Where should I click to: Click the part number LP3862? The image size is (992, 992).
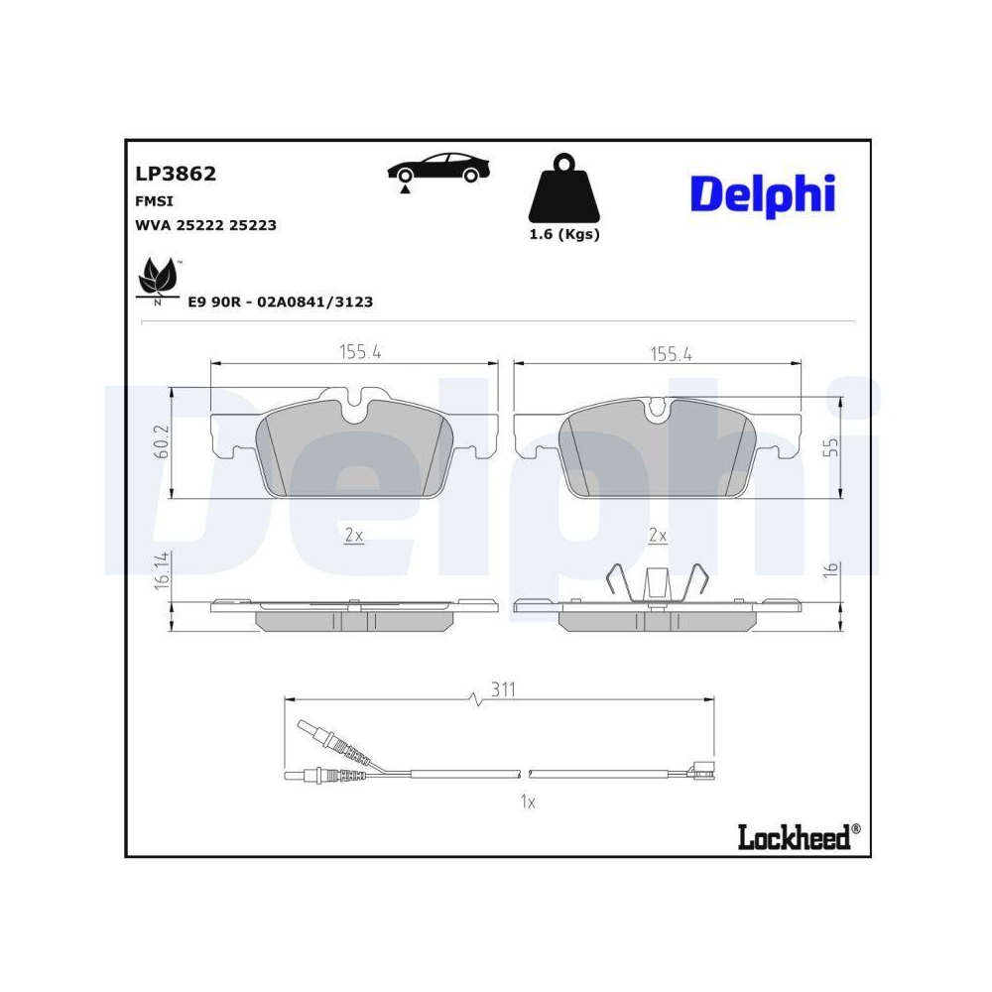pyautogui.click(x=176, y=175)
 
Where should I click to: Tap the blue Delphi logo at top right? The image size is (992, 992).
pyautogui.click(x=762, y=194)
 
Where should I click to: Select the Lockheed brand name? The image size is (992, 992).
pyautogui.click(x=794, y=837)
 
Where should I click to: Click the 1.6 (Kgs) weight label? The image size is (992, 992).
pyautogui.click(x=563, y=235)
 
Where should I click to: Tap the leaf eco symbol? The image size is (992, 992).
pyautogui.click(x=157, y=277)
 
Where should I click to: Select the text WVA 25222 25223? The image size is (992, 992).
pyautogui.click(x=205, y=225)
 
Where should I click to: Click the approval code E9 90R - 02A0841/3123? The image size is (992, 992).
pyautogui.click(x=281, y=302)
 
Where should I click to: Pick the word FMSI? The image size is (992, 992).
pyautogui.click(x=150, y=200)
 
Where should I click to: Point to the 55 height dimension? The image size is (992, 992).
pyautogui.click(x=833, y=445)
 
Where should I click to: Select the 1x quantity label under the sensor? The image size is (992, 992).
pyautogui.click(x=528, y=803)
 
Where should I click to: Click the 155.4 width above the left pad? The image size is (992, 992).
pyautogui.click(x=360, y=352)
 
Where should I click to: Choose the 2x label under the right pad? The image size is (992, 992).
pyautogui.click(x=657, y=535)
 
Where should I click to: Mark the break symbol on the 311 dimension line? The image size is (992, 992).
pyautogui.click(x=476, y=699)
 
